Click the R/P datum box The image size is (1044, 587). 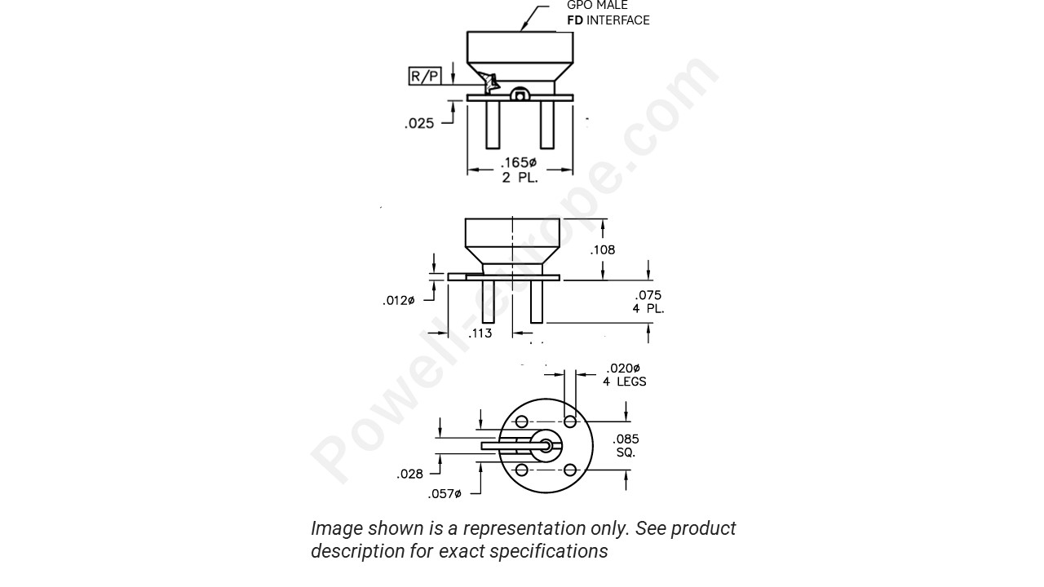(x=424, y=77)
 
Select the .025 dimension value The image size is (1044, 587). (x=419, y=124)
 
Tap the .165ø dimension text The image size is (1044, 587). (x=519, y=163)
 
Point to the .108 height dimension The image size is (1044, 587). (x=603, y=250)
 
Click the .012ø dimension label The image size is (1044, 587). (x=399, y=301)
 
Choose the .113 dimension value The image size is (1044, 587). (x=480, y=333)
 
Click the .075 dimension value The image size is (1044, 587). (x=648, y=295)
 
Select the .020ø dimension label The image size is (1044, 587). (x=623, y=368)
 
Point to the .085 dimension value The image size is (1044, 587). (x=626, y=439)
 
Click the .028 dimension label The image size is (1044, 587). (x=409, y=474)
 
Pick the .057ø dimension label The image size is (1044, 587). (x=445, y=494)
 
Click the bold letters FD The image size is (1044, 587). (x=575, y=20)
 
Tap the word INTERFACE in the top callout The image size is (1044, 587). (x=618, y=20)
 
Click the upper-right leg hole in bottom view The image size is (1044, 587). (x=570, y=421)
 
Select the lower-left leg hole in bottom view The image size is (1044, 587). (x=521, y=470)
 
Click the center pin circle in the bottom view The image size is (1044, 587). (x=545, y=445)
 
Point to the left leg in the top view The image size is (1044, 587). (x=493, y=125)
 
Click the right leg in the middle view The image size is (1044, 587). (x=537, y=302)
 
